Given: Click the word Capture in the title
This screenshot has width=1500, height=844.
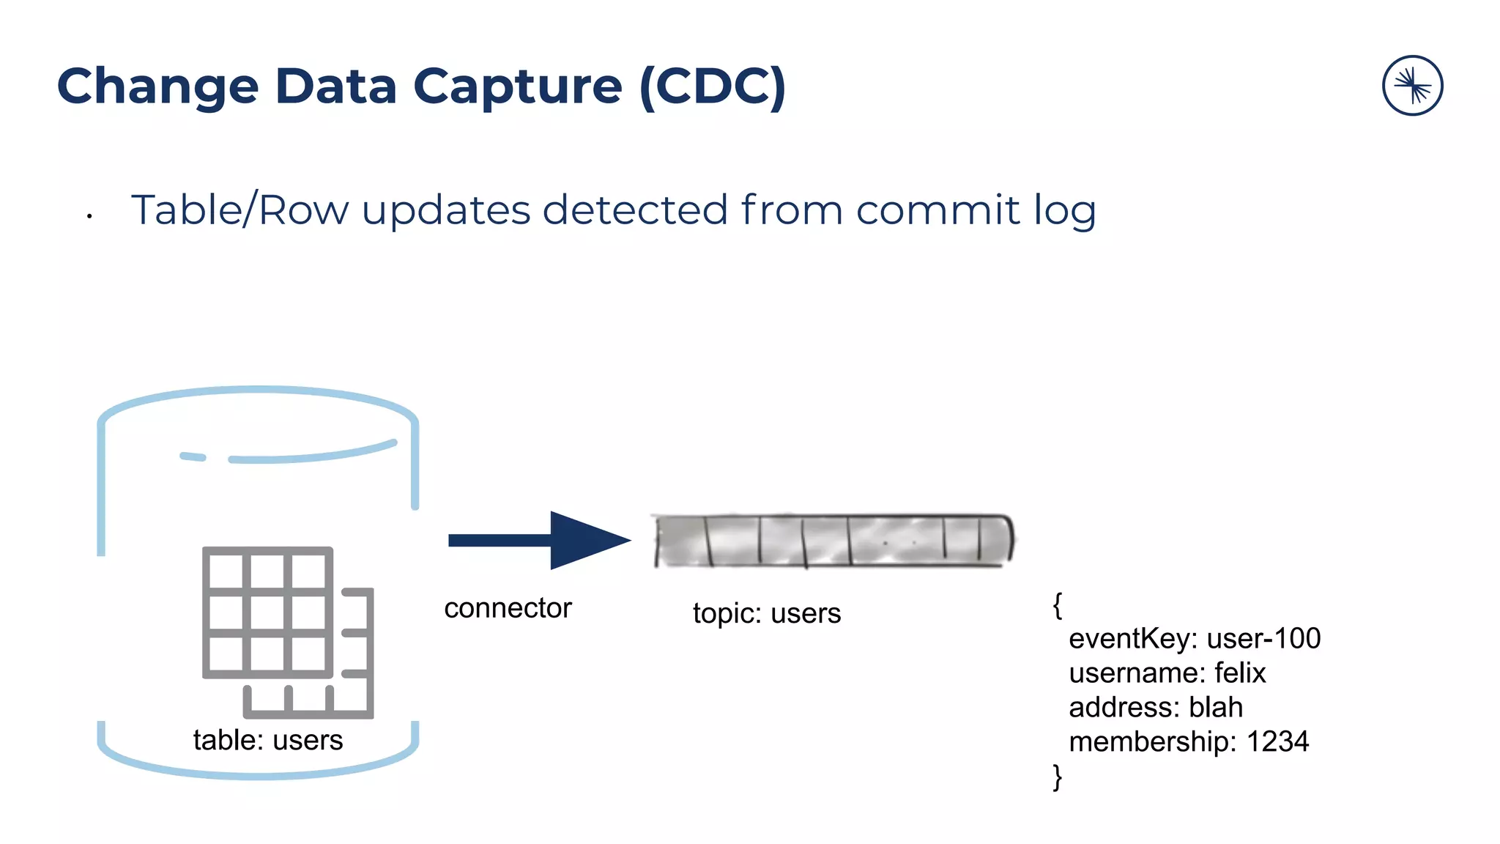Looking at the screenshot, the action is click(517, 87).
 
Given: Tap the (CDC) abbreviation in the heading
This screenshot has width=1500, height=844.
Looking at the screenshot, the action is click(713, 87).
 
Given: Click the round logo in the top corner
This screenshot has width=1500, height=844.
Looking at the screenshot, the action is click(1412, 86).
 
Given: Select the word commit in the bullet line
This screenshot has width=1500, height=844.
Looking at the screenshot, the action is click(937, 210).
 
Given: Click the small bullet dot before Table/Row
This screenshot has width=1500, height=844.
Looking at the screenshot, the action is click(89, 216).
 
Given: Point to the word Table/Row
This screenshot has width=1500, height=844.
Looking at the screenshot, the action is click(240, 210).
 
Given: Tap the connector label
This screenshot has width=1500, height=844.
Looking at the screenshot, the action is click(508, 608).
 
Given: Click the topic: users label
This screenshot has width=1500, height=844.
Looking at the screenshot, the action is click(766, 613).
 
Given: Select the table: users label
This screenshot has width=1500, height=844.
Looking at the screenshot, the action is click(268, 740).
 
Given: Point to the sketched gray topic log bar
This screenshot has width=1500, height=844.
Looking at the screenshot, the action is click(833, 541).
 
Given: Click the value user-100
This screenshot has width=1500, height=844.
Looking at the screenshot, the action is click(1263, 639).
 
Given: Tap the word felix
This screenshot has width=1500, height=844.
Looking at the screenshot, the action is click(1240, 673).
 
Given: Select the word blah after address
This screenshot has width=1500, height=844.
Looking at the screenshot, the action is click(1216, 708).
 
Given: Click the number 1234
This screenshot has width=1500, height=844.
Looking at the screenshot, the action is click(1277, 742).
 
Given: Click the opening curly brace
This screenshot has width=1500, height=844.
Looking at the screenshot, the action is click(1057, 605).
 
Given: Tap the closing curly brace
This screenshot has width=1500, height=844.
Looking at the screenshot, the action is click(1057, 777).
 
